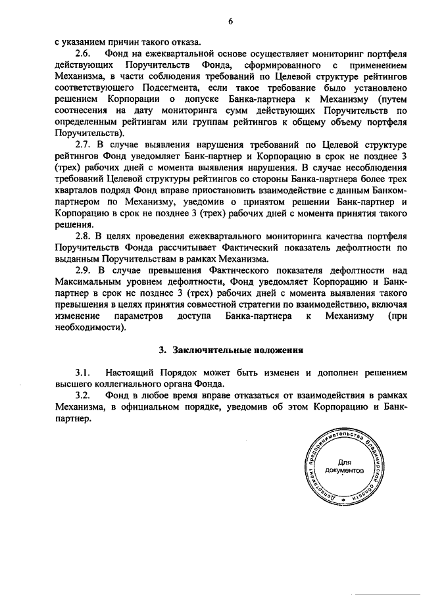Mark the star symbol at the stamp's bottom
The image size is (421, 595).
(343, 502)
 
